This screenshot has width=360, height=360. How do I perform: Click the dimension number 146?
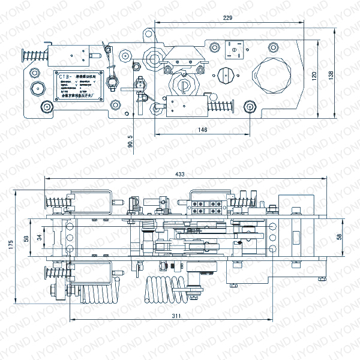click(x=202, y=130)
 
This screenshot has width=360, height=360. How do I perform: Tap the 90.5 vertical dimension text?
click(x=131, y=143)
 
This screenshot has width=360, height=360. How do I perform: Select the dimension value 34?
click(x=39, y=237)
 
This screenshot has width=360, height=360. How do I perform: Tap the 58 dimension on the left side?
click(x=26, y=238)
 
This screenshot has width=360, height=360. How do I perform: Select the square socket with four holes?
click(x=235, y=48)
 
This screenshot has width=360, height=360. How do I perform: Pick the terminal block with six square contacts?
click(x=208, y=207)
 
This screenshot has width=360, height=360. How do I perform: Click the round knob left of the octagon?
click(x=227, y=76)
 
